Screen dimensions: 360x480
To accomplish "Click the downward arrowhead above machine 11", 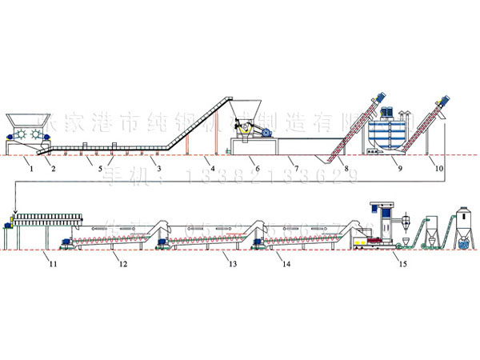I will [14, 212].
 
